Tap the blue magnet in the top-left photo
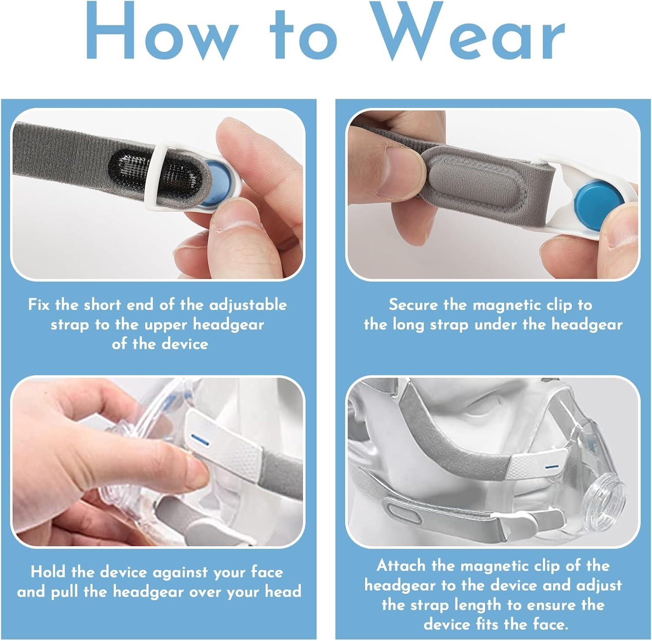pos(216,183)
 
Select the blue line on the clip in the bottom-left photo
pos(200,440)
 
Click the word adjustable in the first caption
pos(248,305)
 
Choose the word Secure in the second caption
pos(413,305)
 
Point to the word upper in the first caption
pos(166,325)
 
